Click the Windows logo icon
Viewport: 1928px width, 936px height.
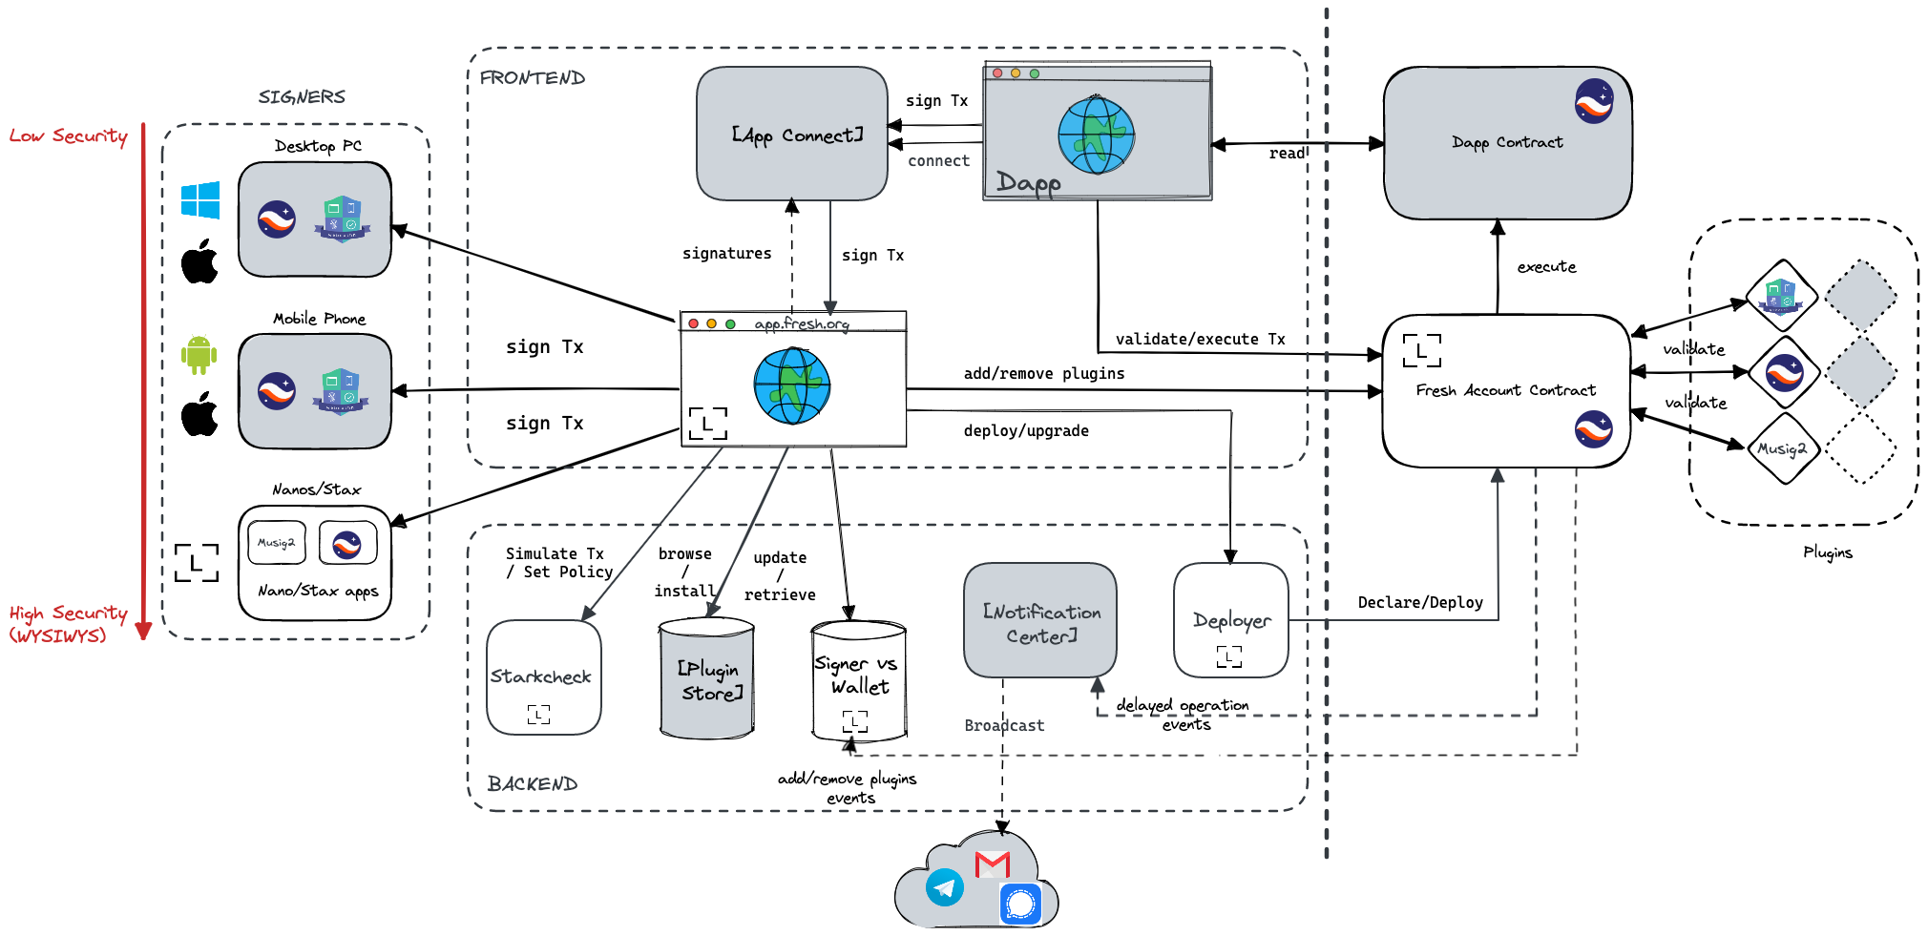[x=200, y=200]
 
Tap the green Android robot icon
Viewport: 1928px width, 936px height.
[x=199, y=355]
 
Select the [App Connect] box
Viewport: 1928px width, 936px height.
[x=792, y=134]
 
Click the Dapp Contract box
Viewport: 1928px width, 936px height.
[x=1507, y=143]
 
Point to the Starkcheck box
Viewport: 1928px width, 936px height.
[x=543, y=676]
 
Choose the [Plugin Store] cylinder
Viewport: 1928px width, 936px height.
[x=707, y=679]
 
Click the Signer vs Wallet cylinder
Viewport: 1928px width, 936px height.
[x=858, y=679]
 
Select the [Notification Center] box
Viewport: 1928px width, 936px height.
[x=1040, y=620]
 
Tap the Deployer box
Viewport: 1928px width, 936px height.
[x=1230, y=620]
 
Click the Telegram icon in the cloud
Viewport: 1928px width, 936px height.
[x=945, y=887]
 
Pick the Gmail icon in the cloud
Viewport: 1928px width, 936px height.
[x=993, y=864]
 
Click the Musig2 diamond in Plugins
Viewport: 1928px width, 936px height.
[x=1783, y=448]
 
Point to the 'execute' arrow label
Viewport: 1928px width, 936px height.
[x=1546, y=267]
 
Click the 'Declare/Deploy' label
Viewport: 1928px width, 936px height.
[x=1420, y=602]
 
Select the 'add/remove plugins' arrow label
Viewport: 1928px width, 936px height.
[x=1044, y=373]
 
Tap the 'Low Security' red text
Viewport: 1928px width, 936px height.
[x=69, y=135]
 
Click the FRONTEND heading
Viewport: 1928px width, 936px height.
[x=533, y=78]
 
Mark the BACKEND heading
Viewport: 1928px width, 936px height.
[x=533, y=784]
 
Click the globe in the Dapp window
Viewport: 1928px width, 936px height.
[x=1097, y=135]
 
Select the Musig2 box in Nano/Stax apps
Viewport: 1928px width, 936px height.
[x=277, y=542]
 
